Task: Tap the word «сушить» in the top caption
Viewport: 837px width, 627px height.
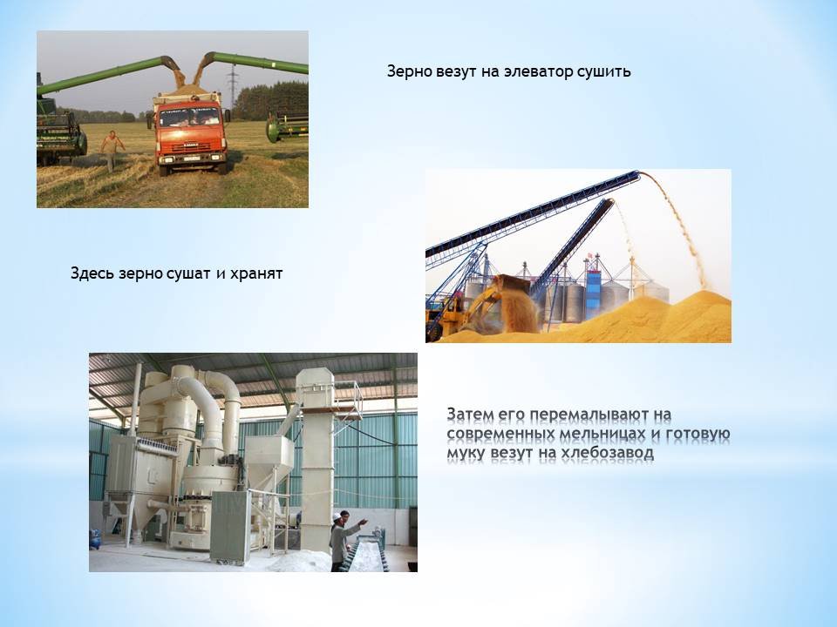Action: coord(603,72)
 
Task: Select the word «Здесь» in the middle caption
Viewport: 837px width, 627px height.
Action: coord(92,273)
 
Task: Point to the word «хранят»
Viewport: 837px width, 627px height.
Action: coord(256,274)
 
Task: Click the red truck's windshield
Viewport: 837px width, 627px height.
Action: coord(189,117)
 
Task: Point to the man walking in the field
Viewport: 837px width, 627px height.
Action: coord(111,150)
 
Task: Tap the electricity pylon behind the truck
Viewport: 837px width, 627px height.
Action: coord(232,86)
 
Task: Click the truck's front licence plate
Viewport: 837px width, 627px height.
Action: coord(192,158)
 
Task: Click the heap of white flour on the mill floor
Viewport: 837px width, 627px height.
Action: coord(299,561)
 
